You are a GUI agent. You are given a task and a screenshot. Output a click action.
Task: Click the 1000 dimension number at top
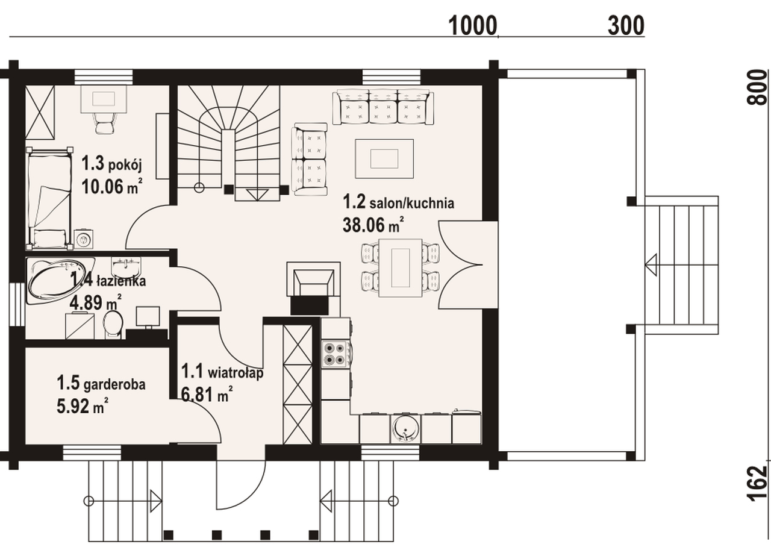473,25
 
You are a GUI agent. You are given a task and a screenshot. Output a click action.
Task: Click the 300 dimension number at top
626,25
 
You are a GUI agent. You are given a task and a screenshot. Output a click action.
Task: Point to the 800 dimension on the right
758,87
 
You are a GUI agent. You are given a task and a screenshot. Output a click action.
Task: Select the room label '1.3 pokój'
111,164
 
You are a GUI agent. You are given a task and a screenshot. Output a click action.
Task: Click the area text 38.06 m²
373,225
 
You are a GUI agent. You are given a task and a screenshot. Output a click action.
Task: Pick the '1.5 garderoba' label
101,384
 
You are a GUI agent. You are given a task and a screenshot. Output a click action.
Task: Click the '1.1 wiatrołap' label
222,372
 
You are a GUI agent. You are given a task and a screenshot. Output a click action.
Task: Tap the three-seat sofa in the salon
383,107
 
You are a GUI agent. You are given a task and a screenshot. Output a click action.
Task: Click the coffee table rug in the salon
384,158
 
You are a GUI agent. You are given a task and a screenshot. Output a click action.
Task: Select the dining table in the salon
401,268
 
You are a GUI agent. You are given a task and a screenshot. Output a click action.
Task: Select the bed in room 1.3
49,198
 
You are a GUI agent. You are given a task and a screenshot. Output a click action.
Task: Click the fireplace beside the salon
314,283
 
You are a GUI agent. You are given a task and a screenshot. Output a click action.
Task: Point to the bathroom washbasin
126,266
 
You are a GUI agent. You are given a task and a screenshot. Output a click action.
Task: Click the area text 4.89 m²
95,302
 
